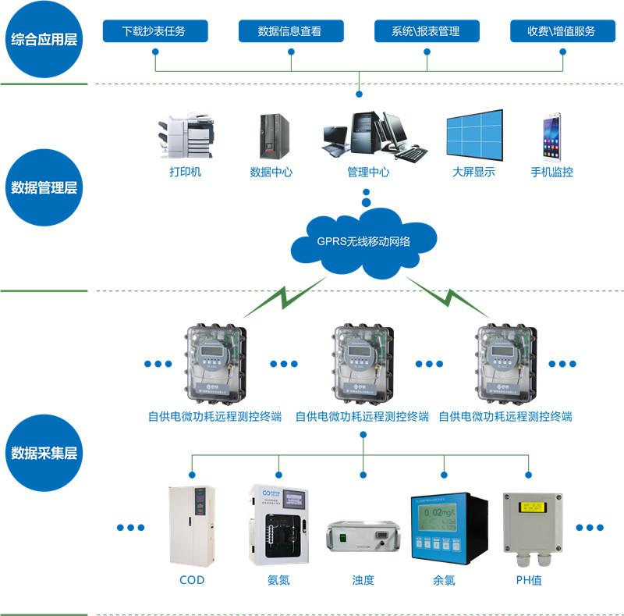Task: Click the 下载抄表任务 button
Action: pyautogui.click(x=154, y=31)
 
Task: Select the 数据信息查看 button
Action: pyautogui.click(x=289, y=31)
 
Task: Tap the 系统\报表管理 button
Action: pyautogui.click(x=426, y=31)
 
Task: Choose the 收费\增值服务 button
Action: pyautogui.click(x=562, y=31)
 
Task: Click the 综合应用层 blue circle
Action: pyautogui.click(x=44, y=39)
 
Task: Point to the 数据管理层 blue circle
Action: pyautogui.click(x=44, y=188)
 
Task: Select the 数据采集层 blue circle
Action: pyautogui.click(x=44, y=453)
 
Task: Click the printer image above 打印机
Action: pyautogui.click(x=185, y=137)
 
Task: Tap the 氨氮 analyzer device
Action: pyautogui.click(x=278, y=524)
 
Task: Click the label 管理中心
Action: pyautogui.click(x=368, y=172)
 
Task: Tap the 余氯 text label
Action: pyautogui.click(x=444, y=581)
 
